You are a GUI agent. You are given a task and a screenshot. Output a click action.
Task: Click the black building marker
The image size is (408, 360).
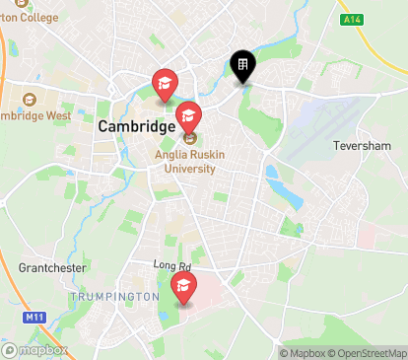click(x=241, y=66)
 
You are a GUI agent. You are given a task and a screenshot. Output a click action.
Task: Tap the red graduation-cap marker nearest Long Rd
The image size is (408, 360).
click(x=183, y=287)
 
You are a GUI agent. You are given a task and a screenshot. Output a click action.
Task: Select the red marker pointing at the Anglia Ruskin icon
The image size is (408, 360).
click(x=188, y=117)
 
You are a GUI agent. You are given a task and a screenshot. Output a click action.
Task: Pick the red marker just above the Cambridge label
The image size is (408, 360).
click(x=164, y=85)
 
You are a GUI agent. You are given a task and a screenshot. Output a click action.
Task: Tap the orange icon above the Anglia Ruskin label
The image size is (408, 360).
click(x=188, y=138)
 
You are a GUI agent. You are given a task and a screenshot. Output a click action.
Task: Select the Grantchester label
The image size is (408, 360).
click(x=52, y=267)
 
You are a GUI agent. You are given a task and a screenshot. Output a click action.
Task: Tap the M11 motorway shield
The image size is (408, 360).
click(x=34, y=317)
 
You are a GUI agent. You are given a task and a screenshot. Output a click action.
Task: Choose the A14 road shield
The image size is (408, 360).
click(x=352, y=19)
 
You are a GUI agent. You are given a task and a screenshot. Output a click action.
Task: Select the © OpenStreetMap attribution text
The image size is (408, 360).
click(x=369, y=353)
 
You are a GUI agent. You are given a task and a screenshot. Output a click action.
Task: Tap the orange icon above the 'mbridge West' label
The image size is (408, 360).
click(x=28, y=99)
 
